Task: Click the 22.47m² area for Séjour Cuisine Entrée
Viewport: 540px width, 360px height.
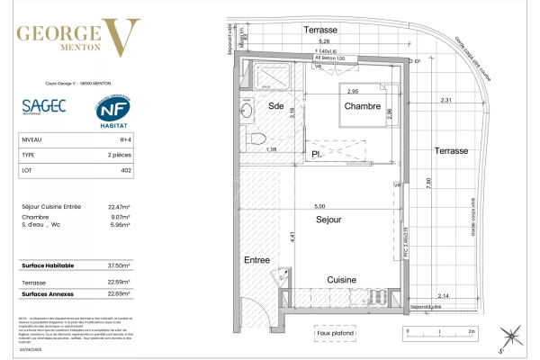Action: pyautogui.click(x=119, y=207)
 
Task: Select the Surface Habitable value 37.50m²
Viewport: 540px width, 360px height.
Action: pyautogui.click(x=119, y=266)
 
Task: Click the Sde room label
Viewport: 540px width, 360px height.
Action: pyautogui.click(x=275, y=107)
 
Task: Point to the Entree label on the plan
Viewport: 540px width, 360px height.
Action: pyautogui.click(x=256, y=260)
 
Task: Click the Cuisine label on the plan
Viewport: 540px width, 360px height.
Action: pyautogui.click(x=343, y=278)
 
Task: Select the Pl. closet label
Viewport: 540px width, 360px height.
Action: pyautogui.click(x=318, y=153)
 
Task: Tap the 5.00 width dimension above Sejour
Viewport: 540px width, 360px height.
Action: pyautogui.click(x=333, y=205)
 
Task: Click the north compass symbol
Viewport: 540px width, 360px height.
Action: pyautogui.click(x=511, y=337)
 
